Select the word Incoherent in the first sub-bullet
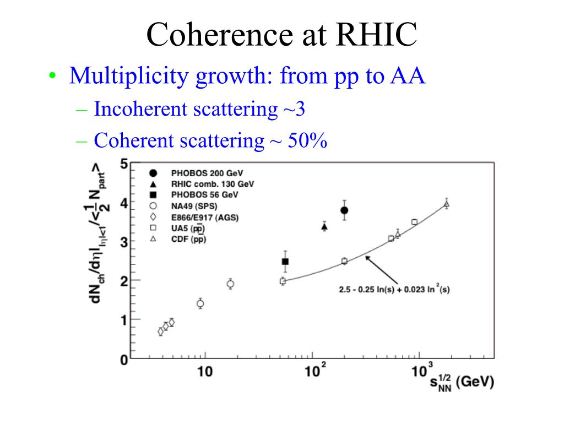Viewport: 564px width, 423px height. coord(140,109)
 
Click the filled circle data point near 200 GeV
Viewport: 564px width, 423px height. coord(344,210)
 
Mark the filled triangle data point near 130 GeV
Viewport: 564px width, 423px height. coord(324,226)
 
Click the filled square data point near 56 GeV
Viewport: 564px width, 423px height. coord(285,262)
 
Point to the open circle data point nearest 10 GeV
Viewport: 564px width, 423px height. coord(200,303)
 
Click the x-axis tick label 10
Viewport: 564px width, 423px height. coord(205,372)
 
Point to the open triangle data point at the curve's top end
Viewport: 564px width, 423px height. coord(447,204)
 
